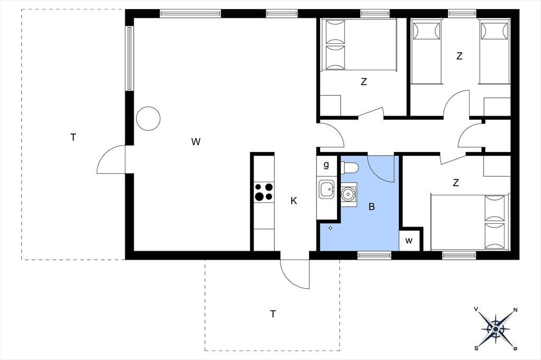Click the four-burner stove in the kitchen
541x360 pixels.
click(x=264, y=192)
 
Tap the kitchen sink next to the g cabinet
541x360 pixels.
click(x=327, y=190)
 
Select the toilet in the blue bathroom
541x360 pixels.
click(x=350, y=167)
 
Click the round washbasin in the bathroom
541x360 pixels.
click(x=349, y=194)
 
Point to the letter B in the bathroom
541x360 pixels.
click(x=371, y=206)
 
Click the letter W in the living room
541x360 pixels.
click(x=195, y=141)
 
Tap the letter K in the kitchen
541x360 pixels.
click(x=294, y=201)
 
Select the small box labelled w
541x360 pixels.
click(x=409, y=240)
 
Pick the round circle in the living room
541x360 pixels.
click(x=148, y=118)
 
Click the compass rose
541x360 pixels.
click(x=496, y=329)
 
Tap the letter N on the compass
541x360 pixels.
click(x=516, y=310)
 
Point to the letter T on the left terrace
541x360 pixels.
click(x=73, y=138)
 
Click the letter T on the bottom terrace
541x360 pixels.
click(x=273, y=314)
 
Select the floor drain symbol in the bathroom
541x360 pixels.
click(x=330, y=228)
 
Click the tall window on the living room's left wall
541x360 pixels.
click(x=129, y=58)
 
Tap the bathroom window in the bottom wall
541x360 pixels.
click(x=374, y=255)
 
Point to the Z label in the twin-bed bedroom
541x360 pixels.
click(x=459, y=56)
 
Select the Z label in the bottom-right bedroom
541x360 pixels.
click(x=456, y=183)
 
